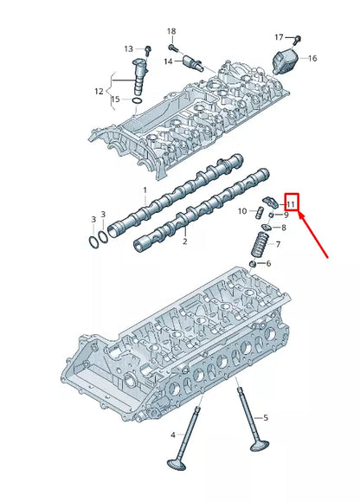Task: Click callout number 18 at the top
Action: pos(170,31)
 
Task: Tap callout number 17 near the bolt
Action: pos(279,37)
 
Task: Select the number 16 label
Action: pos(312,59)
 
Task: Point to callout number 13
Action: pos(128,48)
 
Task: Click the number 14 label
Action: pos(167,61)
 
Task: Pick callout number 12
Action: pos(99,91)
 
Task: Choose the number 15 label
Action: pos(116,100)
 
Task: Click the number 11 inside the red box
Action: pos(291,204)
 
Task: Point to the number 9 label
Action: pos(286,215)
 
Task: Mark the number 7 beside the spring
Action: pos(277,245)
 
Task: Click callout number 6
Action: pos(268,264)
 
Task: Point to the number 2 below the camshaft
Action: pos(184,242)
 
